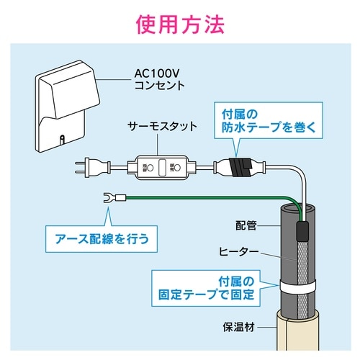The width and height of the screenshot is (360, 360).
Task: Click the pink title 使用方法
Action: tap(179, 24)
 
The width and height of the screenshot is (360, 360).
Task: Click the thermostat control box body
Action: tap(159, 167)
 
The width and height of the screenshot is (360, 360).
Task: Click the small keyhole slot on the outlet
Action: tap(63, 138)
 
